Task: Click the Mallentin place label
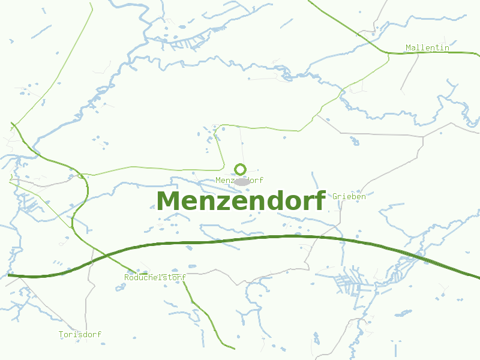(x=427, y=47)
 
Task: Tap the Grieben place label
(x=349, y=196)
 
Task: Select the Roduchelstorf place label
(x=155, y=277)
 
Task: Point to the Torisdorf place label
(x=80, y=334)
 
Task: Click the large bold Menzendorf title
(x=241, y=201)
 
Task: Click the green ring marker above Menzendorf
(x=241, y=169)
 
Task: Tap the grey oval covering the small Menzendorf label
(x=242, y=181)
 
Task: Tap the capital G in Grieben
(x=335, y=196)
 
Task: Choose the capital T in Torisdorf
(x=61, y=334)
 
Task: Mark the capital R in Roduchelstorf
(x=127, y=277)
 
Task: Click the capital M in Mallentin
(x=408, y=47)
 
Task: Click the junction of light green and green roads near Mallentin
(x=388, y=53)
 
